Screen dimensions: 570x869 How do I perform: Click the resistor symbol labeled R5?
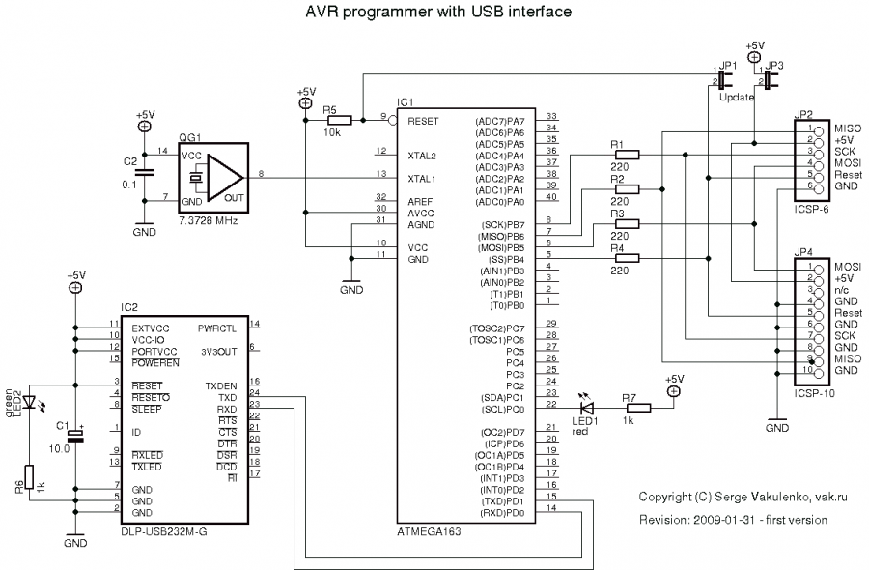tap(339, 121)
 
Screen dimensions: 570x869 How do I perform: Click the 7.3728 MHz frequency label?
tap(208, 220)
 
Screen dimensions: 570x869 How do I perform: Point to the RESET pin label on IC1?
tap(423, 121)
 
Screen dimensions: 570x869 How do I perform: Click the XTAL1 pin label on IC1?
tap(422, 178)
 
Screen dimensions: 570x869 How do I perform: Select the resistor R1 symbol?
tap(627, 155)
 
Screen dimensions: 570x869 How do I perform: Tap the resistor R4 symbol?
tap(627, 259)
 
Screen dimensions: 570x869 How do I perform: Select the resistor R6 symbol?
tap(30, 475)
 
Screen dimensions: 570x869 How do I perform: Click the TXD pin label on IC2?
tap(228, 397)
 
